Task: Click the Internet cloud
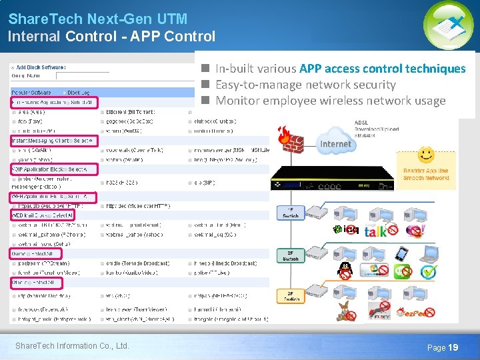[x=335, y=144]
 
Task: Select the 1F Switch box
[x=291, y=213]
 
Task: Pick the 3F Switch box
[x=291, y=296]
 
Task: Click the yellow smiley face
[x=425, y=155]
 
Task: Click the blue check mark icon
[x=428, y=272]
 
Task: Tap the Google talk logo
[x=375, y=231]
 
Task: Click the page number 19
[x=453, y=347]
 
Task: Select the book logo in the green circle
[x=448, y=25]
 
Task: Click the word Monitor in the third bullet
[x=238, y=101]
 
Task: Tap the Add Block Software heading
[x=41, y=67]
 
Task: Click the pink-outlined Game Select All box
[x=35, y=253]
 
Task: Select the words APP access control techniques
[x=383, y=69]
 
